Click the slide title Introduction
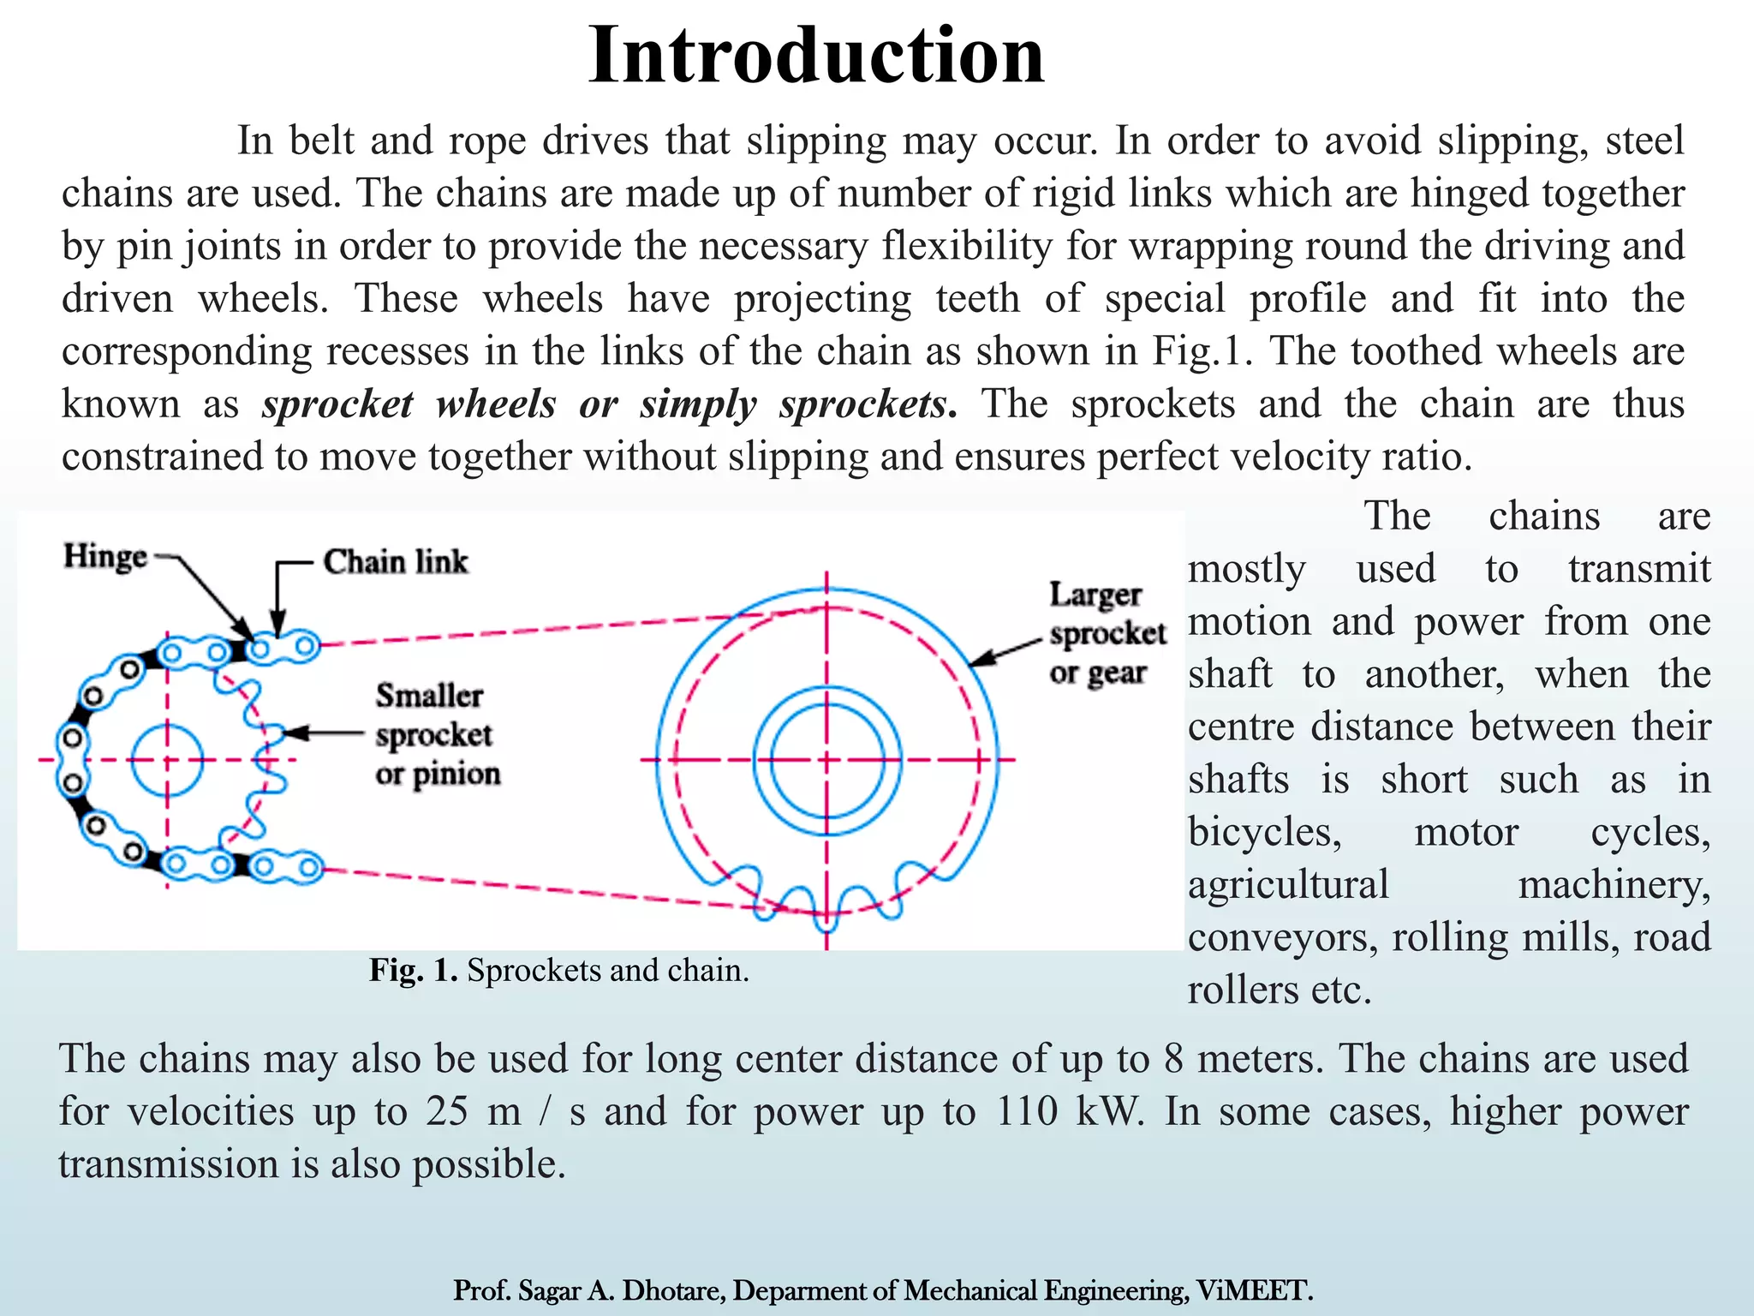point(815,55)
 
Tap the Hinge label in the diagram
point(105,557)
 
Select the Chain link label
point(396,562)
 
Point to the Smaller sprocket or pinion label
point(437,734)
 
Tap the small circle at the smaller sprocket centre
point(167,760)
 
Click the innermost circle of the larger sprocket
point(826,759)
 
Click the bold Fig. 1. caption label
point(415,971)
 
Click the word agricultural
point(1288,884)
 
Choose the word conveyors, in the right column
point(1282,937)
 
